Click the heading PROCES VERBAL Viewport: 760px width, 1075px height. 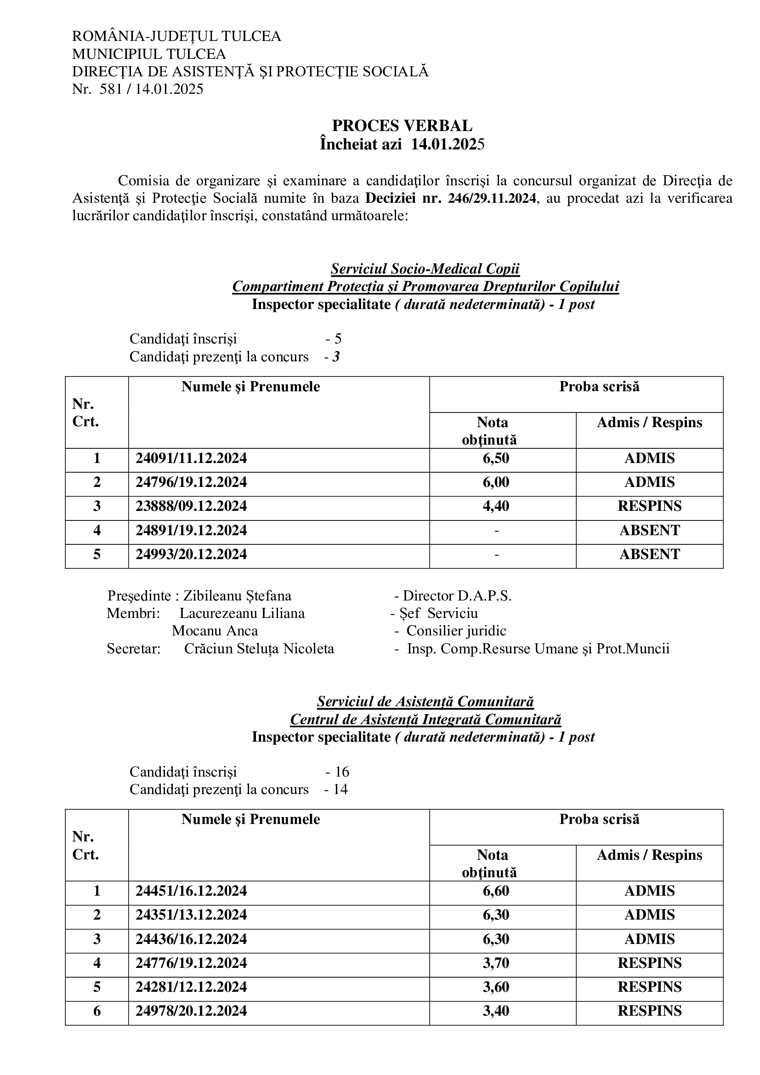(402, 126)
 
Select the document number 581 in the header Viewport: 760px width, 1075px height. (110, 89)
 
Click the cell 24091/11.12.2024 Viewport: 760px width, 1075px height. (191, 458)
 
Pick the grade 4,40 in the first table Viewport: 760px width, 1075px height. (496, 506)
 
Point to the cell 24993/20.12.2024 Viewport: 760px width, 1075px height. (191, 555)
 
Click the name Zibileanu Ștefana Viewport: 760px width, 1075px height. (237, 595)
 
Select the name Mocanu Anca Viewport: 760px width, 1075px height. (215, 631)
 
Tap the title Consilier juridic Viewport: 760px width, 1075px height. (456, 631)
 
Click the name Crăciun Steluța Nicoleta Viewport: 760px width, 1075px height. (259, 648)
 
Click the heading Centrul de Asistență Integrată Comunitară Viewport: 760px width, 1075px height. (425, 719)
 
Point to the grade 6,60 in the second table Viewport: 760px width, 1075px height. (496, 891)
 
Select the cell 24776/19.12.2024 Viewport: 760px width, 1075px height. (191, 963)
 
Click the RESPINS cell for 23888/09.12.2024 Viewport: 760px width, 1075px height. (649, 506)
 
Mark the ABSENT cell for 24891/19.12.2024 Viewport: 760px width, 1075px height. (649, 530)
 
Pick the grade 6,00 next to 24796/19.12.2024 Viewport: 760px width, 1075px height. (496, 482)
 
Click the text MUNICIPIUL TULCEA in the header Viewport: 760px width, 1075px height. (149, 54)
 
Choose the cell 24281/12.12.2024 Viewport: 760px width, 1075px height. (191, 987)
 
